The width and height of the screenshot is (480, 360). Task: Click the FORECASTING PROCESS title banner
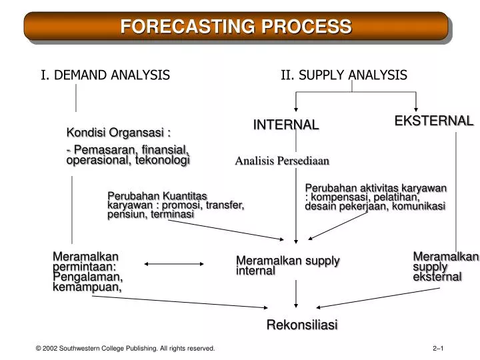coord(236,27)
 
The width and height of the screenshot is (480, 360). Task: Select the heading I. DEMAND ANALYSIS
coord(105,75)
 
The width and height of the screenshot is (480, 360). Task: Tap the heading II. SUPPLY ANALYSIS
coord(343,75)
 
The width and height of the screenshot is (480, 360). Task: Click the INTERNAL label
coord(285,125)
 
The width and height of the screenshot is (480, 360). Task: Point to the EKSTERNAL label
coord(433,121)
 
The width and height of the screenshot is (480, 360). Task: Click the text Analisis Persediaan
coord(282,161)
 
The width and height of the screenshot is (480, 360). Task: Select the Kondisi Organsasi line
coord(113,131)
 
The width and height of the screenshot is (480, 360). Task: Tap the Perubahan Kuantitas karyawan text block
coord(175,205)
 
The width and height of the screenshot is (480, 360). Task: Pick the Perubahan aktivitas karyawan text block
coord(375,197)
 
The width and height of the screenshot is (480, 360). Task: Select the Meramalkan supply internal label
coord(287,265)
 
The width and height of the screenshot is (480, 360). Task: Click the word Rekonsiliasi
coord(302,325)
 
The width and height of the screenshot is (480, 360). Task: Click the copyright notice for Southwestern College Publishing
coord(126,348)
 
